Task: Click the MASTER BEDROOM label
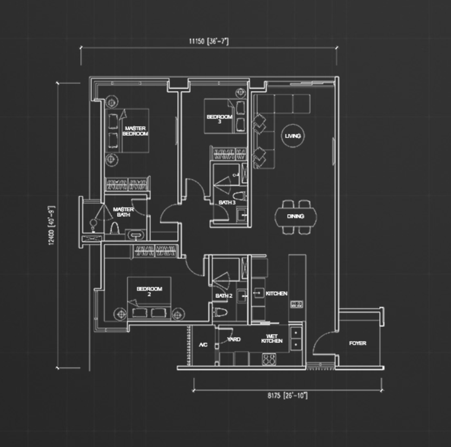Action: pyautogui.click(x=135, y=131)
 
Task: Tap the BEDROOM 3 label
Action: pyautogui.click(x=219, y=119)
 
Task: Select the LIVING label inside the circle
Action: pyautogui.click(x=293, y=136)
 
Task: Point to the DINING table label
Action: pyautogui.click(x=295, y=216)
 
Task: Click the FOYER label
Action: pyautogui.click(x=358, y=343)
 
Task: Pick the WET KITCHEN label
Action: pyautogui.click(x=272, y=339)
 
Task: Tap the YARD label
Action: pyautogui.click(x=234, y=339)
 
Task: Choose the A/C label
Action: pyautogui.click(x=203, y=345)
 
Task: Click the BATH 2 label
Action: pyautogui.click(x=224, y=296)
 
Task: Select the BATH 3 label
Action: pyautogui.click(x=227, y=202)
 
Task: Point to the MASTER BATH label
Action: pyautogui.click(x=124, y=212)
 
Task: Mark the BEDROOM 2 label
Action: pyautogui.click(x=149, y=292)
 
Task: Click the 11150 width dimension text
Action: pyautogui.click(x=209, y=41)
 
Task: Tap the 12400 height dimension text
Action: pyautogui.click(x=51, y=226)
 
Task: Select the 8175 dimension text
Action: pyautogui.click(x=288, y=395)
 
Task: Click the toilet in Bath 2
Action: pyautogui.click(x=220, y=312)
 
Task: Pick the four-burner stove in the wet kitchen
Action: pyautogui.click(x=269, y=360)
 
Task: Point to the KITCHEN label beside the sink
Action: pyautogui.click(x=276, y=293)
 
